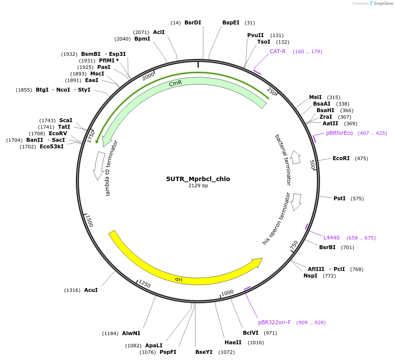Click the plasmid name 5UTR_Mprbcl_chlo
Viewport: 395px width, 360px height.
pos(198,179)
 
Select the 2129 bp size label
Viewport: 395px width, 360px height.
pos(198,186)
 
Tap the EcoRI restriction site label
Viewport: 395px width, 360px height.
pos(341,158)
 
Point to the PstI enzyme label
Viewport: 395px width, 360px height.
pos(339,199)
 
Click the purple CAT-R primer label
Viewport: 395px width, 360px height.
pos(277,51)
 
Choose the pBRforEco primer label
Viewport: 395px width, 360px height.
pos(339,133)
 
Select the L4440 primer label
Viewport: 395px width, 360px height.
pos(331,238)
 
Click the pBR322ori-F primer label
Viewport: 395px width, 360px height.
pos(274,322)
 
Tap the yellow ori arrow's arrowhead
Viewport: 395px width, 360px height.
pos(257,263)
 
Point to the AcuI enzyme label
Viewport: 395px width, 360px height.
pos(91,290)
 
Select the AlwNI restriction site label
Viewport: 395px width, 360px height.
pos(131,333)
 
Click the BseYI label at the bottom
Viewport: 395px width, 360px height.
pos(204,352)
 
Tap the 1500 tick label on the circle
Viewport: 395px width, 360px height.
pos(89,221)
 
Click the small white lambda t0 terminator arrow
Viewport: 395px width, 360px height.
pos(99,166)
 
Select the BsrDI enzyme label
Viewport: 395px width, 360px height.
pos(193,23)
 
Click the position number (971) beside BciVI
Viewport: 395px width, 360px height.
pos(270,333)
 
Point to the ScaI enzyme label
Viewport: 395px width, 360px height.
pos(66,120)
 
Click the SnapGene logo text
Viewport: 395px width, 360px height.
pos(381,3)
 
